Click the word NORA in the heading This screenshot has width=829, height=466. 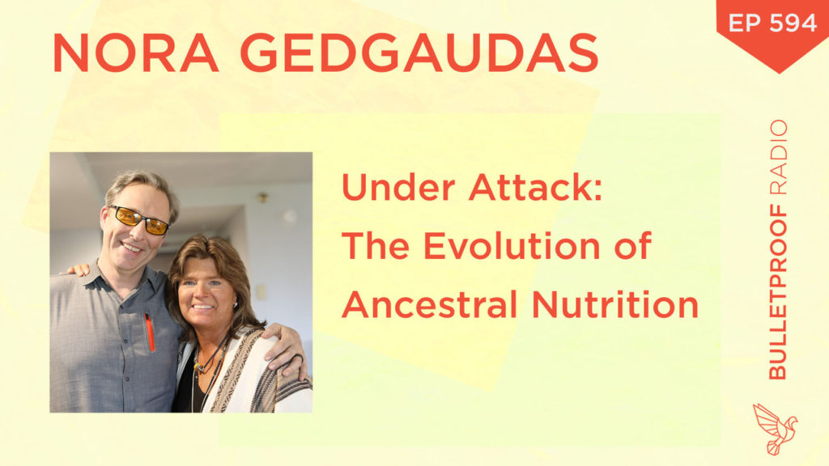point(135,53)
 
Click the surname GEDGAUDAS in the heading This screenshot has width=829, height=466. point(419,53)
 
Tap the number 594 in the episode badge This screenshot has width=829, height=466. point(793,23)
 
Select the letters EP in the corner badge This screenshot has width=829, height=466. point(744,23)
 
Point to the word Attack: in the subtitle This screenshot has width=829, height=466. point(535,188)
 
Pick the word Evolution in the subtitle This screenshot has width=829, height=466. point(512,246)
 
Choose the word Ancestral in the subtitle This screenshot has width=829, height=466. point(427,305)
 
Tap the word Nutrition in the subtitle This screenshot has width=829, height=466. point(615,305)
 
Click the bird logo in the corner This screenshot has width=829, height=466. point(775,429)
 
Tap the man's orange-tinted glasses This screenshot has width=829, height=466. point(139,219)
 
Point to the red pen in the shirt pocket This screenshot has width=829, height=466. point(150,333)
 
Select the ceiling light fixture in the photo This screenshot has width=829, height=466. point(262,198)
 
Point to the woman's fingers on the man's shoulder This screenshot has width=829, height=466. point(79,270)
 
